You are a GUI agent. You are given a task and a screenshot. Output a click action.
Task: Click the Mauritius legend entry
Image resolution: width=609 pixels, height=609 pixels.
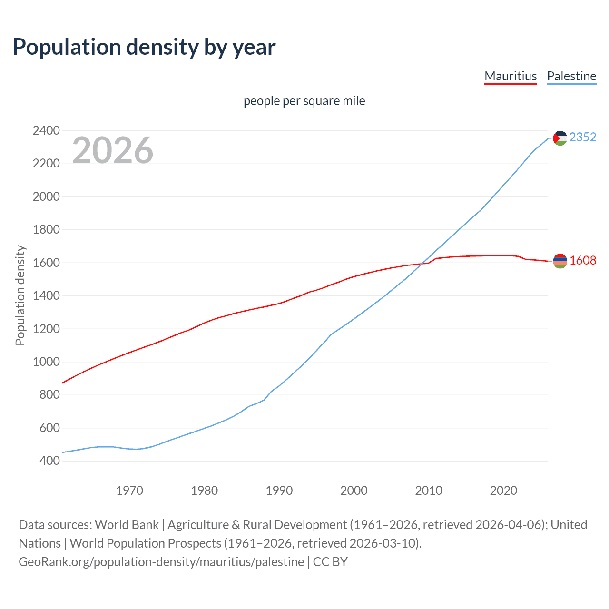(x=510, y=76)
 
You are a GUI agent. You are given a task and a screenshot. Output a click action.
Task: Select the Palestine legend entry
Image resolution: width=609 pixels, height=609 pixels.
(x=571, y=76)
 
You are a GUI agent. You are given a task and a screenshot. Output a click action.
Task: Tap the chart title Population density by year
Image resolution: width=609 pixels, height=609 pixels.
(x=144, y=47)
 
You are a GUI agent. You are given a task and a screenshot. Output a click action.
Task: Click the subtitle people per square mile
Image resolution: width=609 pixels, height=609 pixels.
(x=304, y=101)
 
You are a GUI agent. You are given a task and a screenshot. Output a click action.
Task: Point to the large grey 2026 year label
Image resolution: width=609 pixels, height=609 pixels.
(x=113, y=150)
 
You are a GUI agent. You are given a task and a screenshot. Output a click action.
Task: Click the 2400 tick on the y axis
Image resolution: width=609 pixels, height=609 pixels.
(x=46, y=130)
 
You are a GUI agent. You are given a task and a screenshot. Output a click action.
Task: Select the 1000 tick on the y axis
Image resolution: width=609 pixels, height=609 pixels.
(x=46, y=362)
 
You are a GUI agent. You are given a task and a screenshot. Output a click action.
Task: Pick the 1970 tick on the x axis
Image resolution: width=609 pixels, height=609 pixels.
(x=129, y=491)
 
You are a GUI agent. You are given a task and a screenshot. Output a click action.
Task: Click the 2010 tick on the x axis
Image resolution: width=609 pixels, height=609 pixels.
(x=428, y=491)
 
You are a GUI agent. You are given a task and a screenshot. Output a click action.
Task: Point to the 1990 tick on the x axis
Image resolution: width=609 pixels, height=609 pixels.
(x=279, y=491)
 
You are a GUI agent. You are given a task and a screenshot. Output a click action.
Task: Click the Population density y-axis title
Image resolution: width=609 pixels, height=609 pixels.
(x=20, y=295)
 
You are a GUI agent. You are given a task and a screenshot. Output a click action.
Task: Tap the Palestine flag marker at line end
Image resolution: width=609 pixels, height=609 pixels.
(x=560, y=138)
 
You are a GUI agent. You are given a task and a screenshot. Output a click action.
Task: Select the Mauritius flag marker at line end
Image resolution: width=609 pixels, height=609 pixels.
(x=560, y=261)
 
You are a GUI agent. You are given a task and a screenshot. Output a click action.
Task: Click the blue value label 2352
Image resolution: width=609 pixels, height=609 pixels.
(x=582, y=137)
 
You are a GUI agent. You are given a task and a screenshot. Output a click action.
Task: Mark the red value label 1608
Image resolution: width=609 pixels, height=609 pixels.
(x=582, y=260)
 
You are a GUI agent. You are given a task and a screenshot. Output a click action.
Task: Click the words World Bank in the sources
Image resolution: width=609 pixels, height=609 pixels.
(x=127, y=525)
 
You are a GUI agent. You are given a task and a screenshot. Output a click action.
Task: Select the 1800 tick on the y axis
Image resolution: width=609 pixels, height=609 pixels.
(x=46, y=229)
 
